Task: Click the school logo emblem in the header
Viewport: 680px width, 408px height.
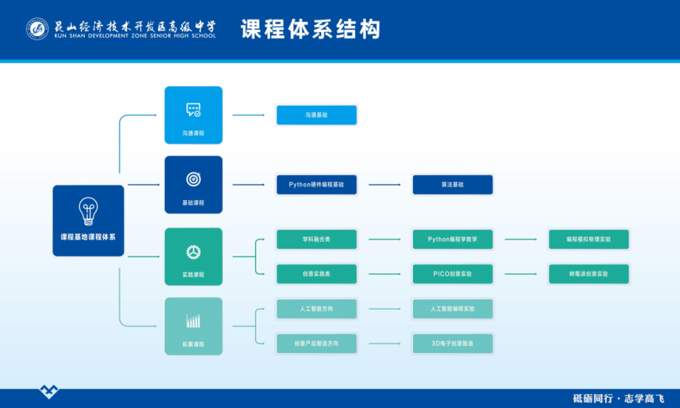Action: tap(37, 28)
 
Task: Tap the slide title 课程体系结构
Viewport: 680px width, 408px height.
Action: tap(310, 29)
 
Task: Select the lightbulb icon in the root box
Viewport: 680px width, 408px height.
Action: tap(88, 211)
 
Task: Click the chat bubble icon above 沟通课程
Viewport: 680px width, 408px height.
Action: tap(193, 110)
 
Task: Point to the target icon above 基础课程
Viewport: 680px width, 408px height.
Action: tap(193, 179)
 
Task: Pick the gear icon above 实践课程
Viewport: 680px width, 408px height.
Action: tap(193, 251)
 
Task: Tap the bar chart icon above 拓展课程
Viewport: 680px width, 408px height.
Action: tap(193, 321)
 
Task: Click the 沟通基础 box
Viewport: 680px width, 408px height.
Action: tap(317, 115)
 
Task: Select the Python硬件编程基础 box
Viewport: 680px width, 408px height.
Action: tap(317, 185)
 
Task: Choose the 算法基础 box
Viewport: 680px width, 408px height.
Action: tap(452, 185)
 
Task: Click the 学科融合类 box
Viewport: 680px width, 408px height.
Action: tap(317, 240)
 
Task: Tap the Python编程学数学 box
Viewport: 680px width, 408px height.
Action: tap(452, 240)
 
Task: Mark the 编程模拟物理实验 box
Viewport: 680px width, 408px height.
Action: tap(588, 240)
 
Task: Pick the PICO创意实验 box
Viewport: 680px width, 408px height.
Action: tap(452, 274)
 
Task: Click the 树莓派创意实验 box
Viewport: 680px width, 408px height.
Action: tap(588, 274)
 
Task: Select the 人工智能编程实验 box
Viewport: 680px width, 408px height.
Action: tap(452, 309)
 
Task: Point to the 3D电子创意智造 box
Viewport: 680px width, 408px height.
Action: tap(452, 344)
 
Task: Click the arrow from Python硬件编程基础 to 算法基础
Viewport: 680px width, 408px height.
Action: tap(384, 185)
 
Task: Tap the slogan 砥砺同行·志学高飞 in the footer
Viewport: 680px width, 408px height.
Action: tap(618, 399)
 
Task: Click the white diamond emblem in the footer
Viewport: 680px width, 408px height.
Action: tap(48, 392)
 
